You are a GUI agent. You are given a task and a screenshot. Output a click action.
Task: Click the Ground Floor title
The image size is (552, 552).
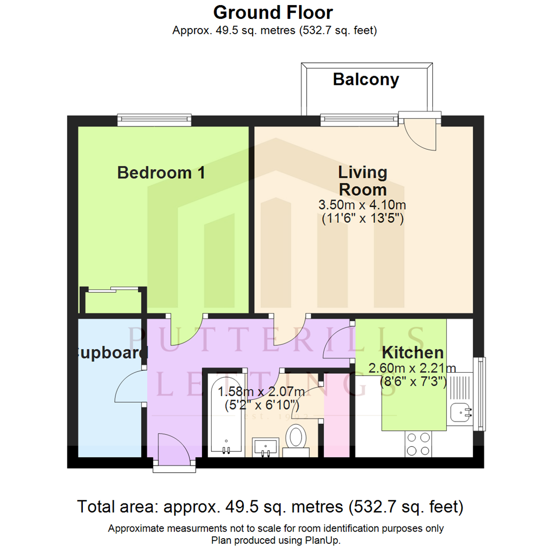tap(273, 12)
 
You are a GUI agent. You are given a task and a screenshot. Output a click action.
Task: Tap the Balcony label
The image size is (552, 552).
tap(365, 80)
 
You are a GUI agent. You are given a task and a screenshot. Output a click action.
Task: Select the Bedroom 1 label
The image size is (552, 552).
tap(161, 173)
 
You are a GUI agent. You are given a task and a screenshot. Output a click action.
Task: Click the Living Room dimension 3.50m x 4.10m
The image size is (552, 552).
tap(362, 205)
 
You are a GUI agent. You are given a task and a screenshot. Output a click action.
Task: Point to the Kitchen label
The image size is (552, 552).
tap(412, 353)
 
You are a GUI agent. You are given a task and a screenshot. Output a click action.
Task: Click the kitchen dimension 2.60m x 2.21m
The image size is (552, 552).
tap(412, 368)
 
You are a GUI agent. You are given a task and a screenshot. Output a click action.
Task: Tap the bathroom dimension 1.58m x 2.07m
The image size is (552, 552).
tap(261, 393)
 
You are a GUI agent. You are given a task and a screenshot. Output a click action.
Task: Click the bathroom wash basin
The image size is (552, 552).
tap(266, 446)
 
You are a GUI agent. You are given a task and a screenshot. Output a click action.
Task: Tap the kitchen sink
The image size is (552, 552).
tap(463, 409)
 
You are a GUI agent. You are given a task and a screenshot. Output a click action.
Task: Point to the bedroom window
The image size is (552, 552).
tap(154, 120)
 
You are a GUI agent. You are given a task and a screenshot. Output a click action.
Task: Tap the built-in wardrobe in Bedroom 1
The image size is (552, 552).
tap(113, 301)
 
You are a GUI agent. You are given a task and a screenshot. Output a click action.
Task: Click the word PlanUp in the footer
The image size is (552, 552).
tap(324, 540)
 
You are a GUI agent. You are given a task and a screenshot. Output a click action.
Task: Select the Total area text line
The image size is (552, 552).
tap(270, 507)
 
